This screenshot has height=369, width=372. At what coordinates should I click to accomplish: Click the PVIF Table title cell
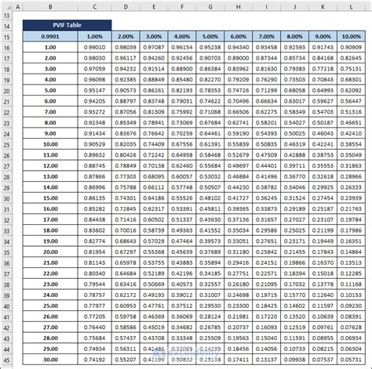point(67,24)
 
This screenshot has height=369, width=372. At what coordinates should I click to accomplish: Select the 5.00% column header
point(210,36)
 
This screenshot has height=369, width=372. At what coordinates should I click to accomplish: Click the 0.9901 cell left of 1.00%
point(49,36)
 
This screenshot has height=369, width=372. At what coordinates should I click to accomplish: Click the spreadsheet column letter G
point(210,5)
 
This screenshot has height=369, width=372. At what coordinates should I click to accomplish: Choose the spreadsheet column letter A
point(17,5)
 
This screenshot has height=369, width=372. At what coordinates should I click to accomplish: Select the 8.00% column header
point(295,36)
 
